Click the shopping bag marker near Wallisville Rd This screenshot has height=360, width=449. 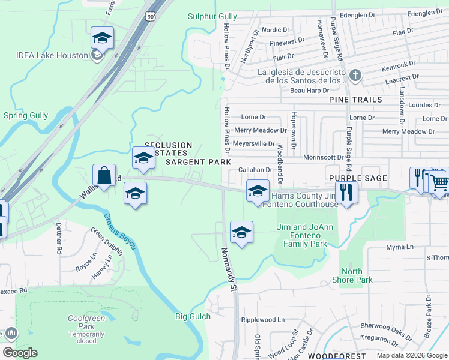[104, 176]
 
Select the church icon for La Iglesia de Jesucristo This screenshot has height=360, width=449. [355, 76]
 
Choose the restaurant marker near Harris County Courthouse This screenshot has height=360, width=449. [346, 193]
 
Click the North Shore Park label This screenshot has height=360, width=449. [356, 275]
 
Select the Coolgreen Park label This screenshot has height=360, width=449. [82, 322]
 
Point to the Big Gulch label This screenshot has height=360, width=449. [193, 316]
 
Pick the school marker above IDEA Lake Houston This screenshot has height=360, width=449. [103, 38]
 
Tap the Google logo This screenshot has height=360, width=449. [20, 353]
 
